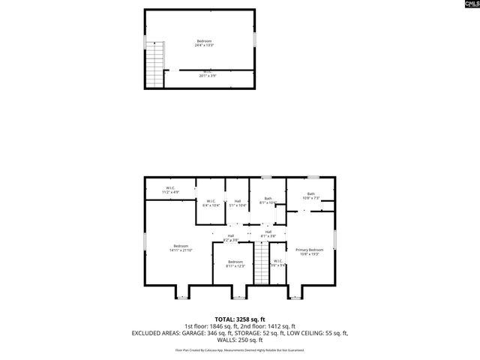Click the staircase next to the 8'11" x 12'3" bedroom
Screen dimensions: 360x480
click(261, 264)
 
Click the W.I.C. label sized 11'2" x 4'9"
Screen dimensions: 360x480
click(170, 190)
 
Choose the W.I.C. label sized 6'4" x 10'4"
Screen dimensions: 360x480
click(211, 202)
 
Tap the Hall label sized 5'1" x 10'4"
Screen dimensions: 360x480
click(237, 202)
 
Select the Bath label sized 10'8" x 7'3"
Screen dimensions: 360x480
click(311, 196)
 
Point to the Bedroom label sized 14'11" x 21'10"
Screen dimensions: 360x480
click(180, 247)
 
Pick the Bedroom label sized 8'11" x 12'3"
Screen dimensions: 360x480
click(235, 264)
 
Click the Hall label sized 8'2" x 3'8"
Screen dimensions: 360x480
click(231, 238)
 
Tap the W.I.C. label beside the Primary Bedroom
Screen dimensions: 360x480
click(277, 262)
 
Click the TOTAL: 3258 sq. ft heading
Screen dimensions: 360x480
click(239, 318)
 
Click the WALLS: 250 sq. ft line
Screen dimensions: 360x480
click(239, 339)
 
